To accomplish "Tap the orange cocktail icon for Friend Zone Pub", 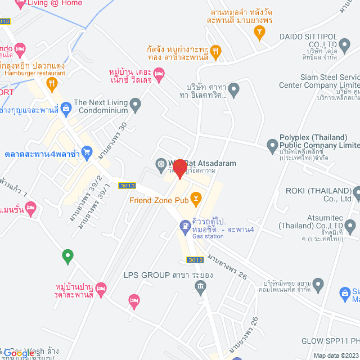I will point(195,197).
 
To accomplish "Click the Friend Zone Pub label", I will point(157,200).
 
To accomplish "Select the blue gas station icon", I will point(184,226).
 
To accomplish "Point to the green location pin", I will point(67,256).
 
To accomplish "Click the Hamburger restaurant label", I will point(35,73).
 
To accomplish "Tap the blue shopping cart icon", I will point(87,152).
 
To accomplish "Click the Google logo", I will point(19,354).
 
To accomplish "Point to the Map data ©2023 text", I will point(335,355).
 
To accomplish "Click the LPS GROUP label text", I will point(147,276).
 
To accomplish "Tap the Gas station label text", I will point(208,237).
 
